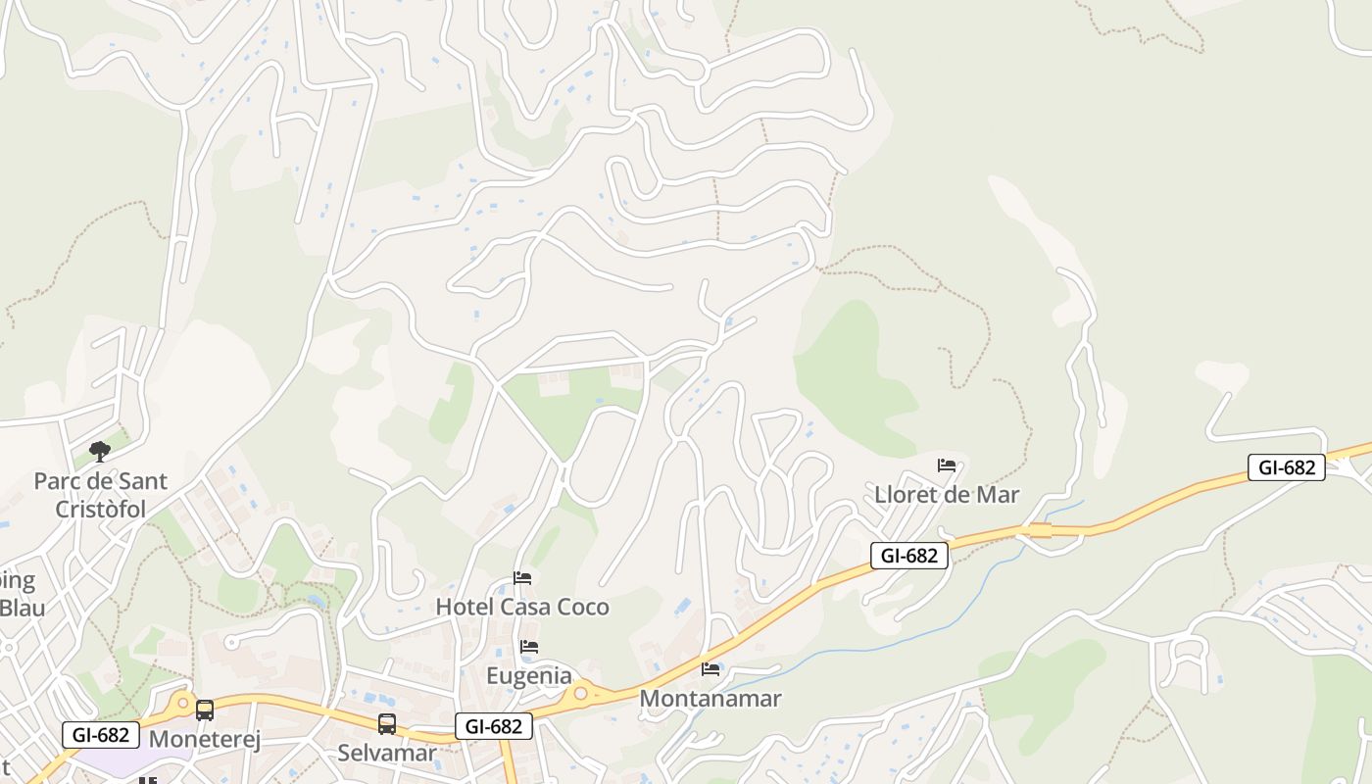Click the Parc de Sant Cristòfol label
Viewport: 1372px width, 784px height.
101,495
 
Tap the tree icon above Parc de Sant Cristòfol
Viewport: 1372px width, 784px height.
99,451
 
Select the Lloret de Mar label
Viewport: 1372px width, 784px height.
947,494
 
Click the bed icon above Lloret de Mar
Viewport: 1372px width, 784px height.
947,465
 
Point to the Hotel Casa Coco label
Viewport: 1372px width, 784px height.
522,607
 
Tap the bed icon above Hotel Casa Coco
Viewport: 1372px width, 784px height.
522,578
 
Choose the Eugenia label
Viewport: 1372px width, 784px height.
529,675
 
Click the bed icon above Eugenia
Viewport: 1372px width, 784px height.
529,647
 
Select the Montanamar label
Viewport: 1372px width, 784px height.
710,699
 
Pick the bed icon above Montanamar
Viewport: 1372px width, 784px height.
710,669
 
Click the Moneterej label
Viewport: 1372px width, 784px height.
205,739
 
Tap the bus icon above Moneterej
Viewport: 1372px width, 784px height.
205,710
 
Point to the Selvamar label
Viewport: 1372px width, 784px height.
387,753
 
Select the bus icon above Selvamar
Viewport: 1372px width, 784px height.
387,724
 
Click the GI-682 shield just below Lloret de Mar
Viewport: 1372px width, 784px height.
909,556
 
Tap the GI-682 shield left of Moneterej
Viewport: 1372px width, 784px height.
101,734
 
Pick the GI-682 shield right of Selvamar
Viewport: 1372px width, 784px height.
494,726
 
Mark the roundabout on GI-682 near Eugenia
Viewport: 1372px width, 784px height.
580,694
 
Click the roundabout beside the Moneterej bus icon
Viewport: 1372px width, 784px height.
181,703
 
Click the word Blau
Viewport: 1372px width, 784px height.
22,607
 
